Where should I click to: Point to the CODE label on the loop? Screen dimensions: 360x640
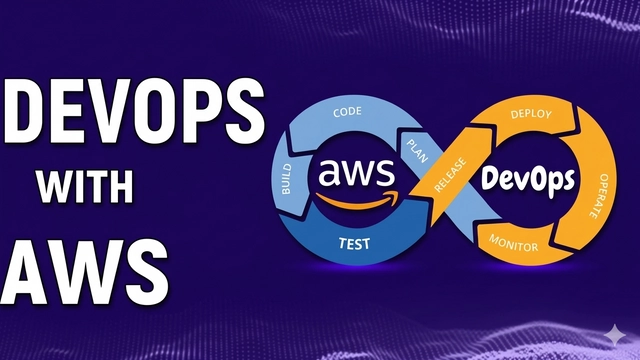pos(345,113)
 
